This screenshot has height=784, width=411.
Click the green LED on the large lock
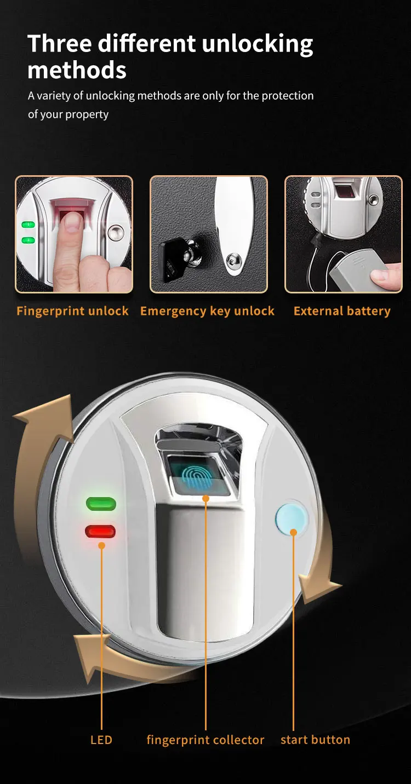click(101, 504)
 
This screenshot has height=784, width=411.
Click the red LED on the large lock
click(100, 531)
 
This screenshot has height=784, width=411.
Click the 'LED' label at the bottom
click(101, 740)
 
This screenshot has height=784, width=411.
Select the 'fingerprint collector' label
click(206, 740)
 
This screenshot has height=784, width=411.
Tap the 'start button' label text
click(315, 740)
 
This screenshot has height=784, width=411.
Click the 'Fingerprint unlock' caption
click(72, 311)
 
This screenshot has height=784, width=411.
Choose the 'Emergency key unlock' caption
click(207, 311)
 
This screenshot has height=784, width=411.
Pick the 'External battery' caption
click(342, 311)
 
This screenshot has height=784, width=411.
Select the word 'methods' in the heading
click(77, 70)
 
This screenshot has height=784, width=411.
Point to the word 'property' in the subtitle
click(88, 114)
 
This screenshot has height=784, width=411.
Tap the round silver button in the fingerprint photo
click(116, 233)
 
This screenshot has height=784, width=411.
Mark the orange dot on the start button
click(294, 532)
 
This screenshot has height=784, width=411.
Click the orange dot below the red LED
click(101, 545)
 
